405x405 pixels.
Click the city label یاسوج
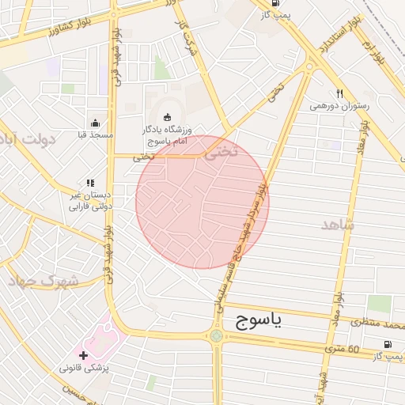pyautogui.click(x=258, y=320)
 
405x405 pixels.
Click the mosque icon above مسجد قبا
pyautogui.click(x=96, y=123)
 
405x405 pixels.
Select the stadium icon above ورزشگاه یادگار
pyautogui.click(x=166, y=117)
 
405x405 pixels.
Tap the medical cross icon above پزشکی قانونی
pyautogui.click(x=84, y=355)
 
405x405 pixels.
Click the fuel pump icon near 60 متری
pyautogui.click(x=387, y=344)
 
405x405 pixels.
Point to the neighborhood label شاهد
pyautogui.click(x=339, y=225)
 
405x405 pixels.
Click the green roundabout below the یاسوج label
pyautogui.click(x=217, y=336)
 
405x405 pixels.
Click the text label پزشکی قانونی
pyautogui.click(x=88, y=369)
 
